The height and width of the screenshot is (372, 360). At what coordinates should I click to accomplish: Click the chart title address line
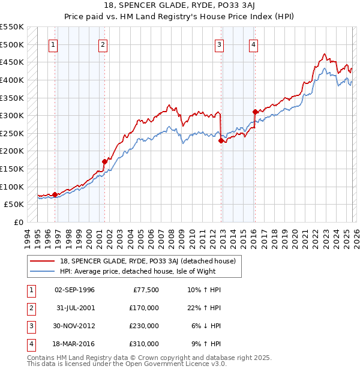click(x=179, y=6)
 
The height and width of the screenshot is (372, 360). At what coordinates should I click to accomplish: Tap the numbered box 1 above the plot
click(x=54, y=44)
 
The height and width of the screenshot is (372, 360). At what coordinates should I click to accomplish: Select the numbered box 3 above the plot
click(x=220, y=44)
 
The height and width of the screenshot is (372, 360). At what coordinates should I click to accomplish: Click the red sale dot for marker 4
click(x=255, y=112)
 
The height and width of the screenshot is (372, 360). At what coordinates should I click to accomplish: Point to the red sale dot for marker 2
click(x=104, y=161)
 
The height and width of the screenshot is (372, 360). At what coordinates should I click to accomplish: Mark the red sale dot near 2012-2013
click(x=221, y=140)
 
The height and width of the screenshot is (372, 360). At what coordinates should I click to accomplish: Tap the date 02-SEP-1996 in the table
click(x=75, y=290)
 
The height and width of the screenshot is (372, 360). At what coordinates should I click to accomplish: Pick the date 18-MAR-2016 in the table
click(x=75, y=344)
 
